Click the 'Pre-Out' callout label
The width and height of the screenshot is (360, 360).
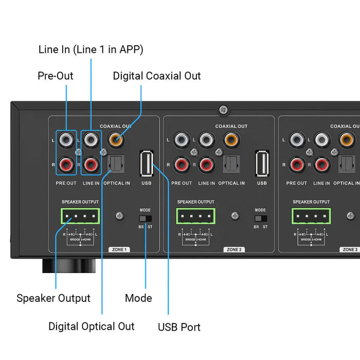tap(56, 76)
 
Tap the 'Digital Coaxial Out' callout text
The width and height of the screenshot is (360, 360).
tap(157, 76)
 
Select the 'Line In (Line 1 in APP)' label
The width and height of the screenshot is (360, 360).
tap(91, 50)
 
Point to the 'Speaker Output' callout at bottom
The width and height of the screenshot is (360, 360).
tap(53, 298)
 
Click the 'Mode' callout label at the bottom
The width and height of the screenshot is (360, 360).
tap(139, 298)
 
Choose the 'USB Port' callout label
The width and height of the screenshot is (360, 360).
tap(179, 327)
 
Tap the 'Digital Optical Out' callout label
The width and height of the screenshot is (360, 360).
tap(92, 327)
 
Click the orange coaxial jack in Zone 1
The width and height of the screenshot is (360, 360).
tap(116, 139)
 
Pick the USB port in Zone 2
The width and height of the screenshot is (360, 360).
tap(262, 164)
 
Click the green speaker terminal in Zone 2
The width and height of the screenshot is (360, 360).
tap(195, 216)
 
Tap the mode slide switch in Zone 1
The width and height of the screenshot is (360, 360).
tap(145, 219)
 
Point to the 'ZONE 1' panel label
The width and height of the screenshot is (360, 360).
tap(118, 249)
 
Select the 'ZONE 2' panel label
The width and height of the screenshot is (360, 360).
tap(233, 249)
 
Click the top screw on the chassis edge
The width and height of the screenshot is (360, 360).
tap(223, 109)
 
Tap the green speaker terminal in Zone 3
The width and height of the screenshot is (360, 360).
tap(311, 216)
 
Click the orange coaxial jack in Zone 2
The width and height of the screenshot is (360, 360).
tap(231, 139)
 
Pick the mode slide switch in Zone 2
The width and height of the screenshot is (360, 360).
tap(260, 219)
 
